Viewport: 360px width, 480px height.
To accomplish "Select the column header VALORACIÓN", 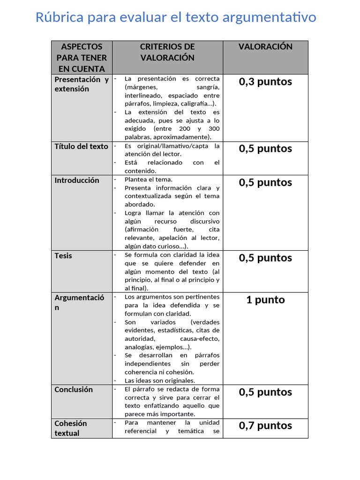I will (x=265, y=46).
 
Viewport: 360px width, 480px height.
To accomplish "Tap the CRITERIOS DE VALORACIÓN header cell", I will (x=167, y=52).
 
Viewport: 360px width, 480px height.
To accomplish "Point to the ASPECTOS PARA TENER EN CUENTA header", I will (x=82, y=57).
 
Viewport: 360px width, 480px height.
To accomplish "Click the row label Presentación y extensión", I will (x=82, y=84).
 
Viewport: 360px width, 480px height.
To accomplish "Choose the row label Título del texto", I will (x=81, y=146).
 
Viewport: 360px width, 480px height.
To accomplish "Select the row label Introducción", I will (x=77, y=180).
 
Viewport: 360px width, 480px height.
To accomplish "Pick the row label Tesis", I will (x=63, y=255).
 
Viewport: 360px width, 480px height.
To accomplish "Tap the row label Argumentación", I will (x=79, y=302).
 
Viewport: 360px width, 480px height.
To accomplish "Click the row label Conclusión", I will (x=74, y=390).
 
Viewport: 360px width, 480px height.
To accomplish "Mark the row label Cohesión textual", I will (x=70, y=428).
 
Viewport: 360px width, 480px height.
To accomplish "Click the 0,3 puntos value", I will (x=265, y=82).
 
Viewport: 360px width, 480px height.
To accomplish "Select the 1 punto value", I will (x=265, y=300).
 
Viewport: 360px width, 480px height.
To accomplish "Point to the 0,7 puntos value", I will (x=265, y=426).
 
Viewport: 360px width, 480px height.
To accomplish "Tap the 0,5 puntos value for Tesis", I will (x=265, y=258).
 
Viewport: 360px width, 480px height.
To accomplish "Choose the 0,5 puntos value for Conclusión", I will (x=265, y=392).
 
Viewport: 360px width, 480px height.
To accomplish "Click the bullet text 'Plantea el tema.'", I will (x=149, y=180).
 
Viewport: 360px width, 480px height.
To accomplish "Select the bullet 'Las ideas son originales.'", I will (x=160, y=381).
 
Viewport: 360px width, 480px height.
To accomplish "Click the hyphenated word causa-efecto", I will (x=200, y=338).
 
